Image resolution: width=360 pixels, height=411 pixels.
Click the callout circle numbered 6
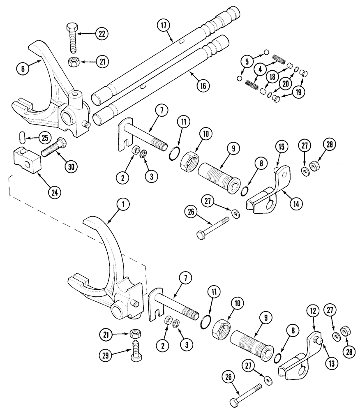(23, 69)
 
